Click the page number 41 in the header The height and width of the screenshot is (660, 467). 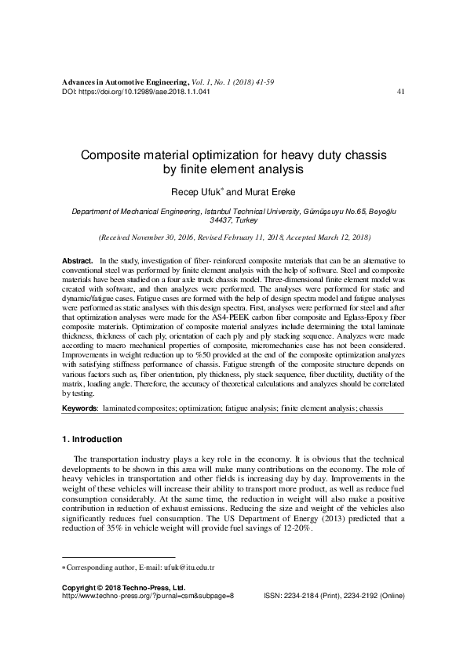400,92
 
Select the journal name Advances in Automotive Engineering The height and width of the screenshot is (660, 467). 125,82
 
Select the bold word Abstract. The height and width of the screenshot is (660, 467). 77,259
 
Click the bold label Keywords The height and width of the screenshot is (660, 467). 80,409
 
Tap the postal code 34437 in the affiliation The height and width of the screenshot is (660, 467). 213,221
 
